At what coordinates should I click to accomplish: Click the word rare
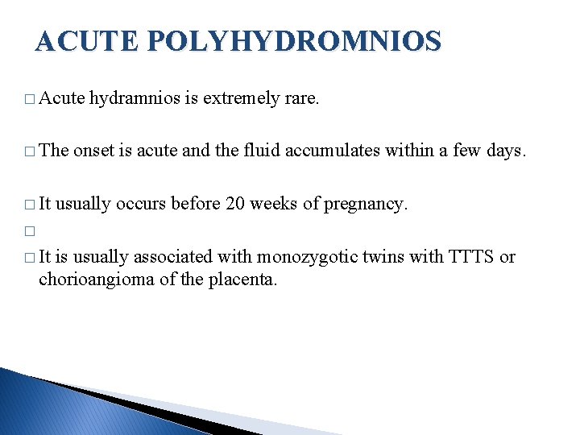pos(302,99)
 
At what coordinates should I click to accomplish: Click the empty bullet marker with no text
pos(30,231)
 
